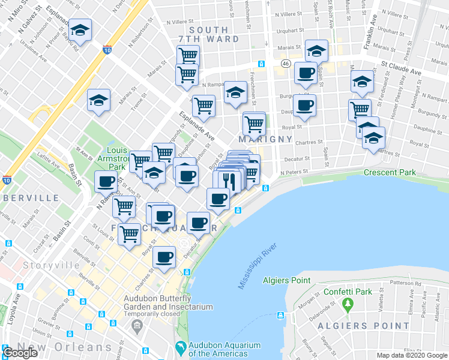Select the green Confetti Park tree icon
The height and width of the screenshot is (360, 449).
pyautogui.click(x=348, y=305)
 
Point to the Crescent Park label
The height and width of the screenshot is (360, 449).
pyautogui.click(x=389, y=173)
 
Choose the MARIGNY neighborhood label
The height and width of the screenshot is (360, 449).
pyautogui.click(x=265, y=139)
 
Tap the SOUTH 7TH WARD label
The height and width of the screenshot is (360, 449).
pyautogui.click(x=214, y=34)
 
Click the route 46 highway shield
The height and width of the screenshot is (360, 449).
pyautogui.click(x=285, y=64)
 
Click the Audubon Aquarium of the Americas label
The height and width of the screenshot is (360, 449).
pyautogui.click(x=224, y=349)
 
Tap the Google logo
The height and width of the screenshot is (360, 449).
pyautogui.click(x=20, y=353)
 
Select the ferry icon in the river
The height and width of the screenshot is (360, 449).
pyautogui.click(x=279, y=316)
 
